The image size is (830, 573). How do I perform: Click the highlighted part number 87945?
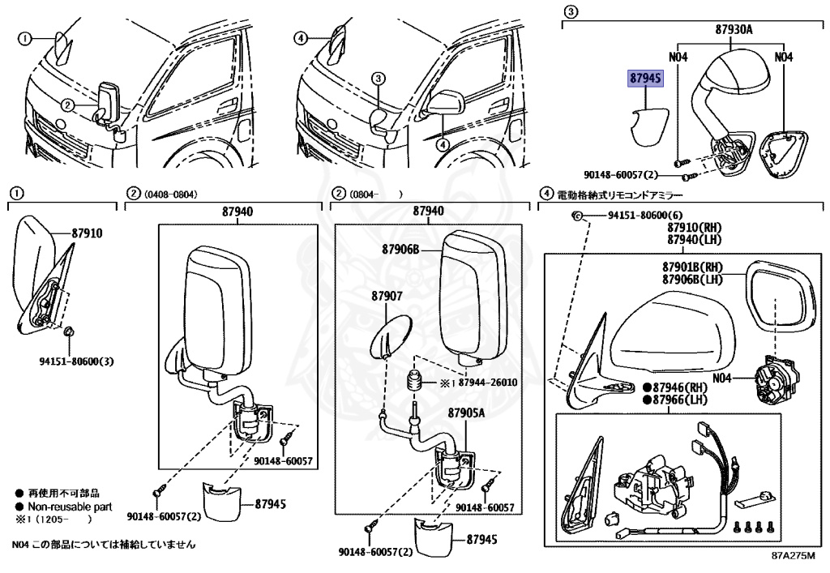click(646, 78)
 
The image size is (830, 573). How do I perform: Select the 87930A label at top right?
click(734, 29)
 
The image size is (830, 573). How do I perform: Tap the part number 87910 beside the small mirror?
click(88, 233)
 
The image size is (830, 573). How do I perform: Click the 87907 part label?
click(387, 296)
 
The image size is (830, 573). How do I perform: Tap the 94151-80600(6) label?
click(643, 216)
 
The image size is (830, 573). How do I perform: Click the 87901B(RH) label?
click(691, 267)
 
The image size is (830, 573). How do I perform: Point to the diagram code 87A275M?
click(791, 557)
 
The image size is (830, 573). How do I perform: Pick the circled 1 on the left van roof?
click(25, 38)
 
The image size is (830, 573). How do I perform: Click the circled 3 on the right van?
click(378, 79)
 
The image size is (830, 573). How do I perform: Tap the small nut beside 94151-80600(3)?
click(70, 331)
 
